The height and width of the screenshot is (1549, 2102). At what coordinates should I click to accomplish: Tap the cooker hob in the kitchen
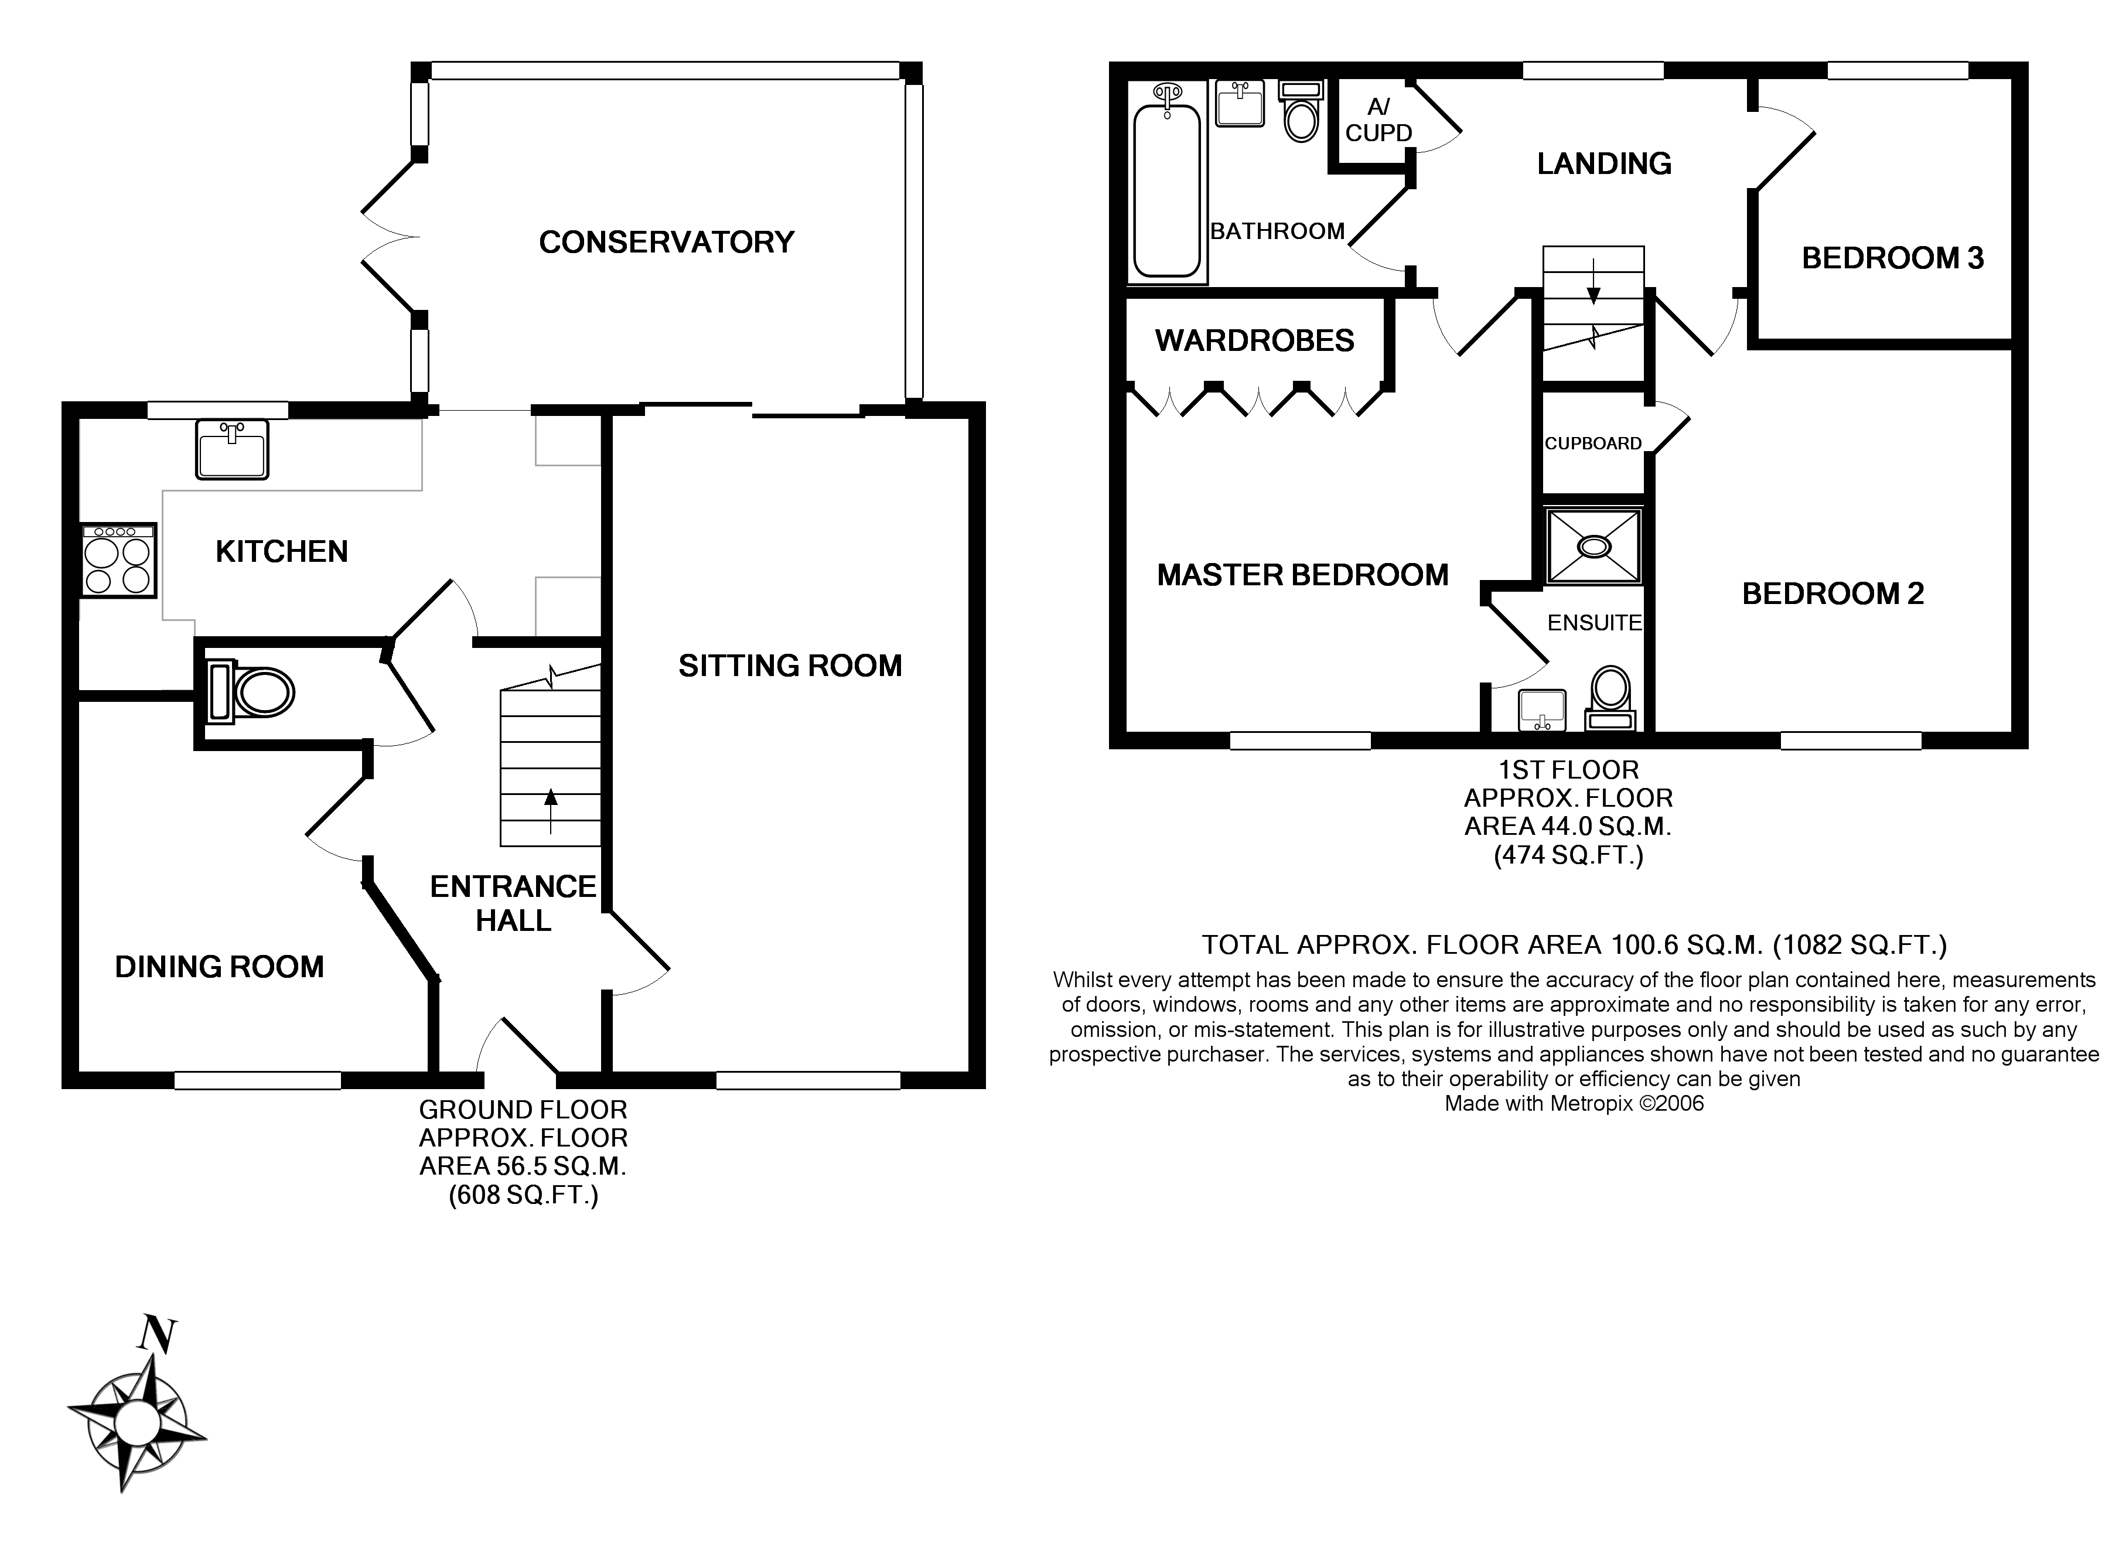tap(118, 561)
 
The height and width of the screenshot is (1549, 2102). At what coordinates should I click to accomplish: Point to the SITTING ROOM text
tap(790, 666)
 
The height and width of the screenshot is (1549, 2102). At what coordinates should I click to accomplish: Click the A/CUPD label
tap(1378, 121)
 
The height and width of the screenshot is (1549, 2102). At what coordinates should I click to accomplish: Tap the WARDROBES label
tap(1254, 340)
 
